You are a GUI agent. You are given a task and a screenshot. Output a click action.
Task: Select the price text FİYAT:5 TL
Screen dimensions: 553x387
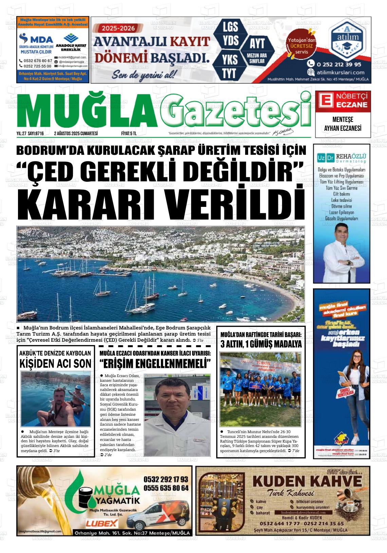129,133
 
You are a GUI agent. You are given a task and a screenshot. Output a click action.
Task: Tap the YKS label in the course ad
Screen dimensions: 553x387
230,59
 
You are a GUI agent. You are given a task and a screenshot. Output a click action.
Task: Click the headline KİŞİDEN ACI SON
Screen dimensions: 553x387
55,363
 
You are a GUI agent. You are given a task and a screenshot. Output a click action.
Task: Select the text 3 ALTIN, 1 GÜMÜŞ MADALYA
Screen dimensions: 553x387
261,344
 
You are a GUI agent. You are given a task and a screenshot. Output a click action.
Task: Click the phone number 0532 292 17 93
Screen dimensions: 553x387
166,479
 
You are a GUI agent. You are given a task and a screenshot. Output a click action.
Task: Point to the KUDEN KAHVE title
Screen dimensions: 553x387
307,481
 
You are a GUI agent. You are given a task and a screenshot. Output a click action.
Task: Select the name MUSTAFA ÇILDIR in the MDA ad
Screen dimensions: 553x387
36,52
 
